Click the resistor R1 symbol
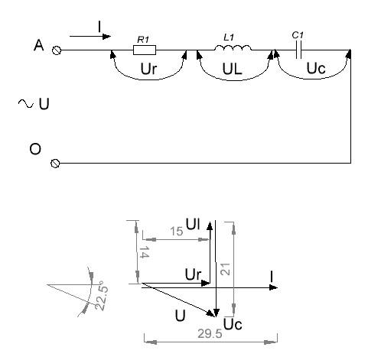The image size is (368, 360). coord(145,50)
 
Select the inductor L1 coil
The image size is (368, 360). coord(233,47)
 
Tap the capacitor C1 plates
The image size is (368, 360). coord(298,50)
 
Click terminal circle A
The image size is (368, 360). coord(57,50)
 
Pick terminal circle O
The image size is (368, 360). coord(55,163)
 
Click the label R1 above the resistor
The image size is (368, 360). coord(143,40)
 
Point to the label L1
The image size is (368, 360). coord(229,37)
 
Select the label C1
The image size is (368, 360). coord(298,35)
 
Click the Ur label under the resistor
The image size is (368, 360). coord(148,69)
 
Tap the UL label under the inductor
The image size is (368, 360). coord(232,69)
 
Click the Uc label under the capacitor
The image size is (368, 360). coord(316,68)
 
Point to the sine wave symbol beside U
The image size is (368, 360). coord(25,103)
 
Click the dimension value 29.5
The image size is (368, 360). coord(210,334)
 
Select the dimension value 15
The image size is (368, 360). coord(177,232)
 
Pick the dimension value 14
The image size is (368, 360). coord(144,252)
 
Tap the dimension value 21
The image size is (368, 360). coord(226,269)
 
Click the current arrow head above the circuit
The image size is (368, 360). coord(106,37)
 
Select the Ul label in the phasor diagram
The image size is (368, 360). coord(193,224)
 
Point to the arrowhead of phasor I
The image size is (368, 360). coord(273,287)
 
